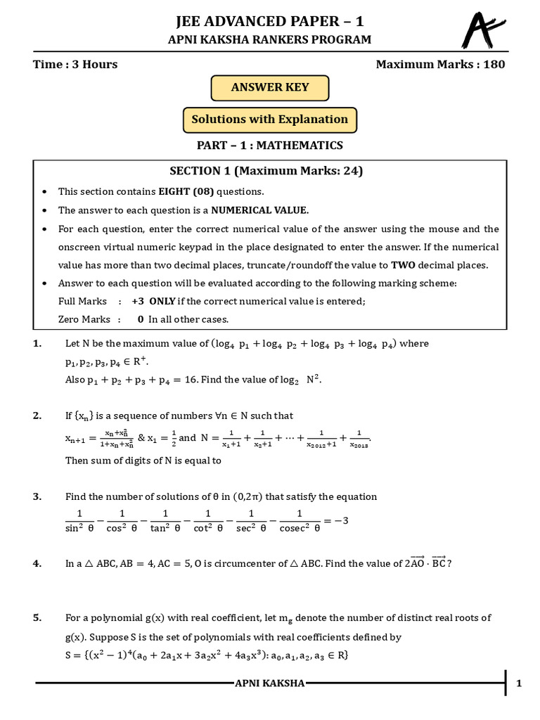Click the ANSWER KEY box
tap(270, 88)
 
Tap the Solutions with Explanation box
tap(270, 120)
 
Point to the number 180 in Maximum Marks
tap(493, 65)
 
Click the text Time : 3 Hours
tap(75, 65)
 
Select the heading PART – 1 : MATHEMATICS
tap(270, 146)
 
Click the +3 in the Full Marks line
tap(138, 301)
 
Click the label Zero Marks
tap(84, 319)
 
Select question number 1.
tap(37, 344)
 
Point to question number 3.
tap(37, 496)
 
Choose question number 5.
tap(37, 618)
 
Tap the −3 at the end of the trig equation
tap(340, 521)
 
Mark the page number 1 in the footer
tap(518, 683)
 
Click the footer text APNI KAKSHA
tap(270, 683)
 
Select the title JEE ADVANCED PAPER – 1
tap(270, 22)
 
